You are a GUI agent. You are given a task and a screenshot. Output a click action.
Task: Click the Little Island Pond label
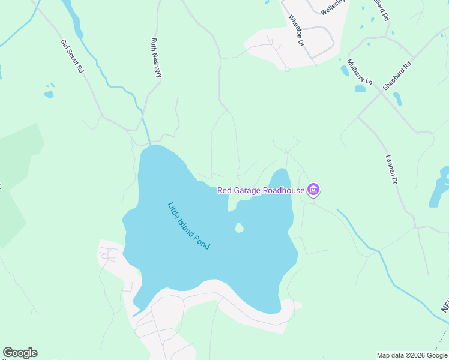[188, 226]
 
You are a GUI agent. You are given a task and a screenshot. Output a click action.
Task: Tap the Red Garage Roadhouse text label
[261, 191]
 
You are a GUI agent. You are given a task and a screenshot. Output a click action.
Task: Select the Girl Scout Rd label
[72, 56]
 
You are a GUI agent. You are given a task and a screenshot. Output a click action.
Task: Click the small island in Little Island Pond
[239, 227]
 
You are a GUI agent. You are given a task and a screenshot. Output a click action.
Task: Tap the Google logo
[20, 353]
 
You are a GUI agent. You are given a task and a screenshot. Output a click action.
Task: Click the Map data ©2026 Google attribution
[412, 355]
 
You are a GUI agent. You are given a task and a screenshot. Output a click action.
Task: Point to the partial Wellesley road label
[333, 8]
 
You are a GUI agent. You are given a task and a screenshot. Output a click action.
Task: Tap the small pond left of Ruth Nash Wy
[49, 94]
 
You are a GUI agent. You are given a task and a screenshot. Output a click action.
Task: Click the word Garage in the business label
[247, 191]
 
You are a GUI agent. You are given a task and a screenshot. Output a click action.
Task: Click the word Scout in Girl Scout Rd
[72, 56]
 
